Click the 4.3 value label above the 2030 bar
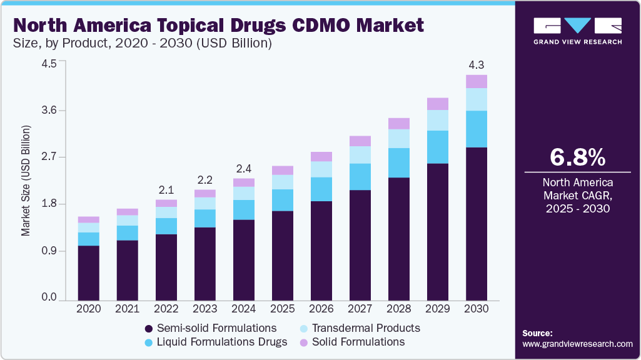coord(477,64)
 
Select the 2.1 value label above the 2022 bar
coord(166,190)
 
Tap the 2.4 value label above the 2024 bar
coord(244,169)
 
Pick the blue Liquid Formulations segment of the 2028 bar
coord(399,162)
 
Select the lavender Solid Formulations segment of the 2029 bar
coord(438,104)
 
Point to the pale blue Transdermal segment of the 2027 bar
coord(360,155)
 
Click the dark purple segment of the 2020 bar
coord(89,273)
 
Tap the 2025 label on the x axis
coord(283,309)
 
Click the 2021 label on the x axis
coord(128,309)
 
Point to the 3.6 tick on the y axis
coord(49,111)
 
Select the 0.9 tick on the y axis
coord(49,251)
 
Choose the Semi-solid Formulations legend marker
coord(149,329)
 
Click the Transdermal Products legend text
coord(366,328)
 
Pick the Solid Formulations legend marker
coord(304,342)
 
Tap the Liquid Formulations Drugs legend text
coord(222,342)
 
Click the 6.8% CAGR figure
coord(577,157)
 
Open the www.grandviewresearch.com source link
coord(577,344)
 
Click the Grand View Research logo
coord(577,30)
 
